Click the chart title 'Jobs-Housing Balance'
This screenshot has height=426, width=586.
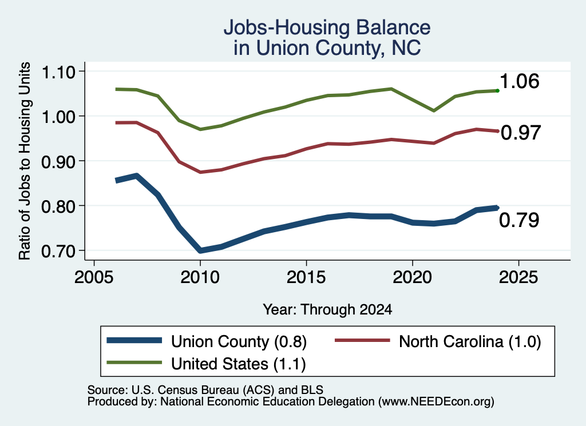coord(327,27)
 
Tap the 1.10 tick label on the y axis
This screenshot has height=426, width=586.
coord(58,72)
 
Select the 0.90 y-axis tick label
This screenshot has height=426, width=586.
coord(58,162)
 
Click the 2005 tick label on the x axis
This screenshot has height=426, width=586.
coord(94,277)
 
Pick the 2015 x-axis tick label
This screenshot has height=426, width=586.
coord(306,277)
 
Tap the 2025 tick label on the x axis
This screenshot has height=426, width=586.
coord(518,277)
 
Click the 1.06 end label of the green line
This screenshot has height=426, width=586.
coord(519,81)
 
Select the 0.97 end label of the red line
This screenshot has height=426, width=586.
coord(521,133)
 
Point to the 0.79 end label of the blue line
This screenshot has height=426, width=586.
coord(519,220)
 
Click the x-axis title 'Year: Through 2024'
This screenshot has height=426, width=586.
coord(327,309)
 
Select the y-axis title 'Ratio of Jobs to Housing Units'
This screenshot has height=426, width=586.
coord(25,161)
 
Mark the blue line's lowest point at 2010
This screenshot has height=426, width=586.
coord(200,250)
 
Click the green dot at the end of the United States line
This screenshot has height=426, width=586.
coord(497,90)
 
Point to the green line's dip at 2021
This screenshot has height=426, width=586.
coord(434,110)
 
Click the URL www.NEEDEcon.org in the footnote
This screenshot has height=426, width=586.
coord(435,402)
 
